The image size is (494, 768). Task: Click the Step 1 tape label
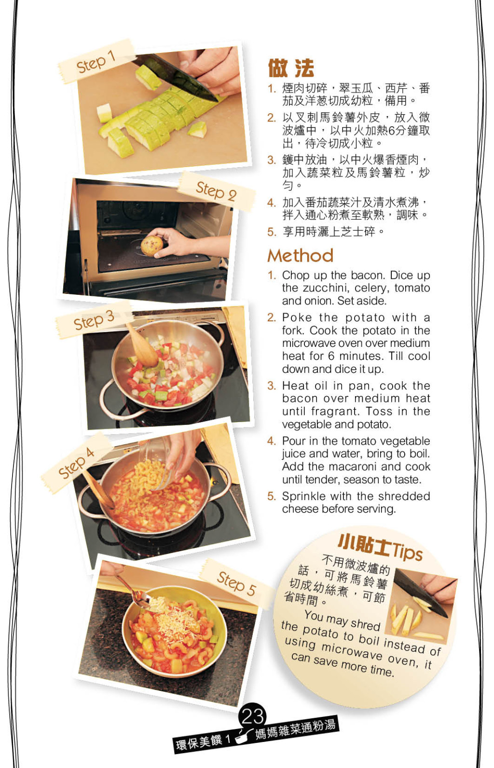pyautogui.click(x=96, y=62)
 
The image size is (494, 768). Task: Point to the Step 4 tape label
pyautogui.click(x=76, y=463)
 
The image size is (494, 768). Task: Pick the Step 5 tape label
pyautogui.click(x=236, y=583)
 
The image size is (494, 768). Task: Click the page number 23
pyautogui.click(x=252, y=716)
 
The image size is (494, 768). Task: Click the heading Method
pyautogui.click(x=301, y=255)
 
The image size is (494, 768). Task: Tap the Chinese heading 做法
pyautogui.click(x=291, y=68)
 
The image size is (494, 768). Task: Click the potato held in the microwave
pyautogui.click(x=152, y=245)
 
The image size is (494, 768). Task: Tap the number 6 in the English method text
pyautogui.click(x=331, y=356)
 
